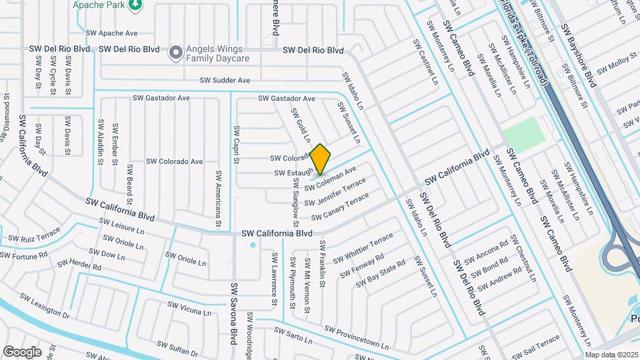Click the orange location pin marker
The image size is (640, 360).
(321, 159)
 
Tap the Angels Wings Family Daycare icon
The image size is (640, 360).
(175, 52)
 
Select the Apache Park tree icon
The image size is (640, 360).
(136, 5)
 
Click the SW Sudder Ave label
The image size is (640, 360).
(225, 81)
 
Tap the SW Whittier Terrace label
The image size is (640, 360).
(363, 248)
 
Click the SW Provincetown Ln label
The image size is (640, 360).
(356, 337)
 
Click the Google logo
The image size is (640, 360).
(22, 351)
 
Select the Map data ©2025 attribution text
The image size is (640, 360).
(611, 355)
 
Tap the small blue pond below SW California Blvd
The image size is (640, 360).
(253, 245)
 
